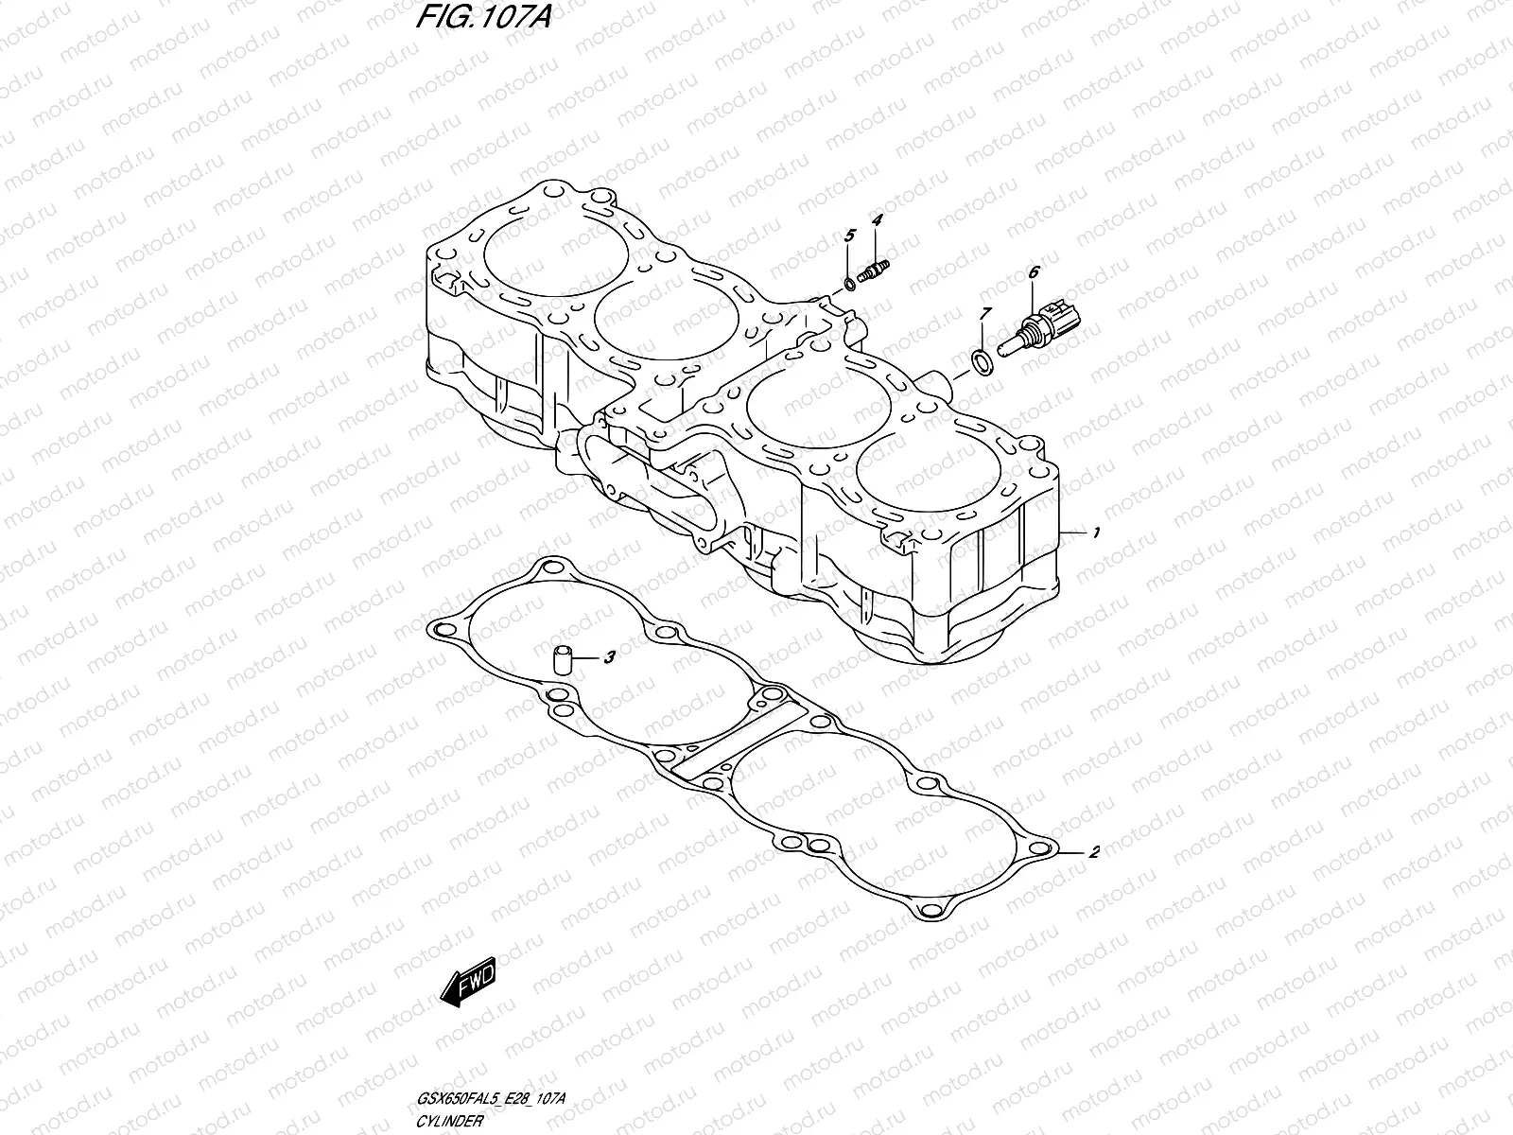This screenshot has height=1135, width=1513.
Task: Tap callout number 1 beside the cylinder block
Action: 1095,534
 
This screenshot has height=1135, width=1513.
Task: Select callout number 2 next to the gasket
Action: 1094,852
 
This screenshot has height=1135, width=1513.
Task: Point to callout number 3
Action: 610,655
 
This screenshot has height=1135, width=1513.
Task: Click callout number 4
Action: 877,220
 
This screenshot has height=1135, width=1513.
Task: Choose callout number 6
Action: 1034,272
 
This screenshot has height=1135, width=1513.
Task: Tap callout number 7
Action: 985,313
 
